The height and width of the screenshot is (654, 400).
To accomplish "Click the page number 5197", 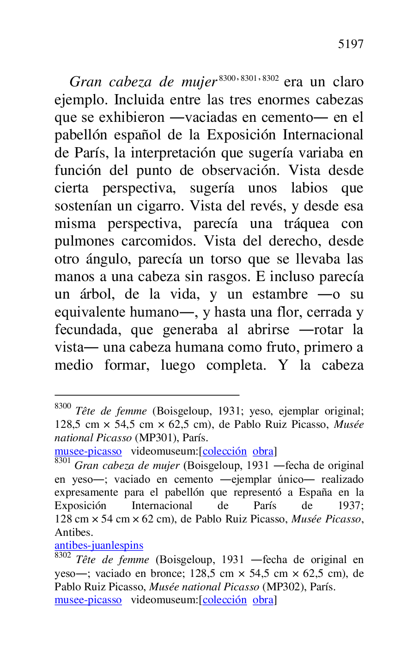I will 351,44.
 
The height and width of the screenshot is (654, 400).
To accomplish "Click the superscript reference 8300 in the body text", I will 227,78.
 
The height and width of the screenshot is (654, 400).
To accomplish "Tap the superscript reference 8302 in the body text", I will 271,78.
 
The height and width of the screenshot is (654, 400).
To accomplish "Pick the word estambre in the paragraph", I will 280,294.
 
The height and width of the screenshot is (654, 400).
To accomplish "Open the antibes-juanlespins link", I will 99,545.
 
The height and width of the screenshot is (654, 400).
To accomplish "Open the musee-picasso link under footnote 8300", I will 88,451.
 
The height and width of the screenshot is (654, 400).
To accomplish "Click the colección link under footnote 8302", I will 224,600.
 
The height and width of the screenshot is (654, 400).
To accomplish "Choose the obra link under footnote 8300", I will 263,451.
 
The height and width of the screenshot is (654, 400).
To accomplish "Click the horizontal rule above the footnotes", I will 147,395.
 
